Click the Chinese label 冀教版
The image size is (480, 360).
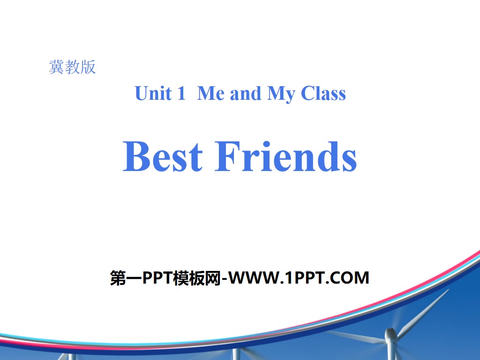pyautogui.click(x=72, y=67)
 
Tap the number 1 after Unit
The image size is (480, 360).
pyautogui.click(x=181, y=93)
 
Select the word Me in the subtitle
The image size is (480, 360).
pyautogui.click(x=210, y=93)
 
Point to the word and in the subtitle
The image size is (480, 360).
pyautogui.click(x=245, y=93)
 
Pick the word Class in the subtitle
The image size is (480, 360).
pyautogui.click(x=323, y=93)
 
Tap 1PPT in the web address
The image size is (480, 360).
pyautogui.click(x=307, y=278)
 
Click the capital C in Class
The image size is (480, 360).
pyautogui.click(x=307, y=93)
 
